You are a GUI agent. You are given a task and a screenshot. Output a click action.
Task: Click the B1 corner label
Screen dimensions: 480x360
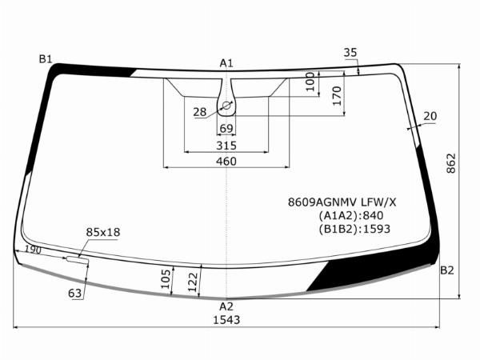point(46,58)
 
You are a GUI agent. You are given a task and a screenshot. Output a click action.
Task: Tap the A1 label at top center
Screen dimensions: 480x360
point(226,63)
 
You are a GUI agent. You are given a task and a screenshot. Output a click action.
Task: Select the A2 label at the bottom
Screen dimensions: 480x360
point(226,306)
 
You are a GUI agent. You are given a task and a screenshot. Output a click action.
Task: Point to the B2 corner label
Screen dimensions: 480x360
point(447,270)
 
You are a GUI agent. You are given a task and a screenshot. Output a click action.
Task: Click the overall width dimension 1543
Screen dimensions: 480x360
point(226,320)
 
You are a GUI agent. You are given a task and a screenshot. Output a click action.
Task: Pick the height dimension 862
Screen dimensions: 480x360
point(451,163)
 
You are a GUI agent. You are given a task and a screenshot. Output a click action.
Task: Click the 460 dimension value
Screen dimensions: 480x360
point(226,161)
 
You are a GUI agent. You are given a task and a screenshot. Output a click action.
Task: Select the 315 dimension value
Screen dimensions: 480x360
point(226,146)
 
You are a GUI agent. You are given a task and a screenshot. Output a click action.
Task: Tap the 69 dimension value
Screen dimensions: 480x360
point(226,128)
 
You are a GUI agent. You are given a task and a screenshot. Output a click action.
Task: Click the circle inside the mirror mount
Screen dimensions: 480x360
point(226,106)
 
